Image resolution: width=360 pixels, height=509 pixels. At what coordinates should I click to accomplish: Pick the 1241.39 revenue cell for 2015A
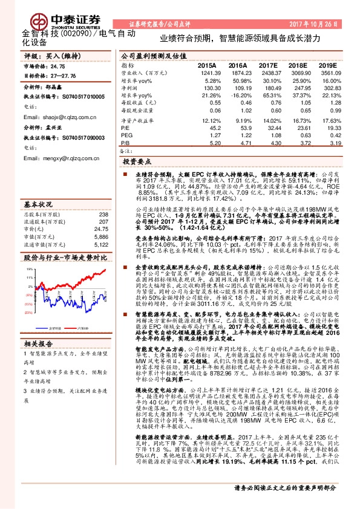pos(206,73)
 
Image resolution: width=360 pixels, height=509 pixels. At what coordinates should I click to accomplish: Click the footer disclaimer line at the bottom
pos(284,504)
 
